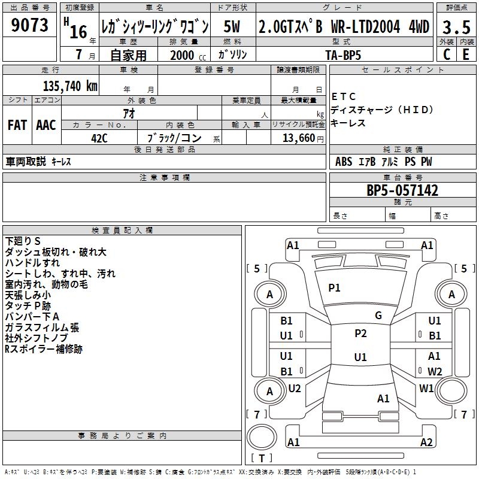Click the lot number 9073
tap(30, 26)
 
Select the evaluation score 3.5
tap(455, 27)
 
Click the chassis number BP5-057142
tap(402, 191)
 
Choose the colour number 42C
tap(99, 138)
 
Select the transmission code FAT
tap(17, 125)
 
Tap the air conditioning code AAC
tap(46, 125)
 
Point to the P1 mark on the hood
tap(334, 288)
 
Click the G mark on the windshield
tap(378, 316)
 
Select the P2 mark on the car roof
tap(360, 334)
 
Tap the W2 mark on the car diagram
tap(435, 371)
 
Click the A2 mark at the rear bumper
tap(426, 442)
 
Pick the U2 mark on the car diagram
tap(295, 388)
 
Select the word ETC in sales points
tap(344, 96)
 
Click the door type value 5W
tap(232, 26)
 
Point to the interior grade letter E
tap(466, 54)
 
